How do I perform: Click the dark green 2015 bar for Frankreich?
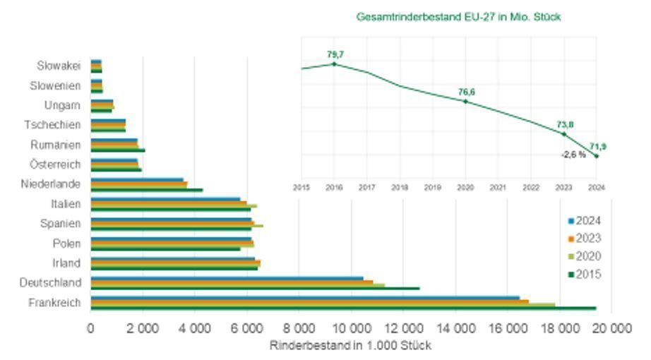click(343, 308)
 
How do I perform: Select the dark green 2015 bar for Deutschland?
click(255, 288)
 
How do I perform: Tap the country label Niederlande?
click(51, 184)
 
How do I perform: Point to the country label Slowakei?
click(59, 66)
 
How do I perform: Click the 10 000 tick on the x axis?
click(350, 328)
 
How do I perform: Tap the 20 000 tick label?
click(610, 328)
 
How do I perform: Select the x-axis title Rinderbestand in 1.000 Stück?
click(350, 346)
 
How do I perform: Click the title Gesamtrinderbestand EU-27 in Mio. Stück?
click(459, 16)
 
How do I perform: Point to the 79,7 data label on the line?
click(334, 54)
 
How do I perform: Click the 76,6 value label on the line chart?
click(466, 92)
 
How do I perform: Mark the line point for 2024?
click(597, 156)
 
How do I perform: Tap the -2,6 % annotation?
click(573, 154)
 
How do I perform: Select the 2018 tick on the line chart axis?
click(400, 188)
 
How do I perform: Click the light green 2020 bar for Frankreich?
click(323, 305)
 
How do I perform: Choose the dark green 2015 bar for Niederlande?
click(147, 190)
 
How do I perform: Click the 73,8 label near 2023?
click(564, 124)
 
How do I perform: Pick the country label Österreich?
click(55, 164)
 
